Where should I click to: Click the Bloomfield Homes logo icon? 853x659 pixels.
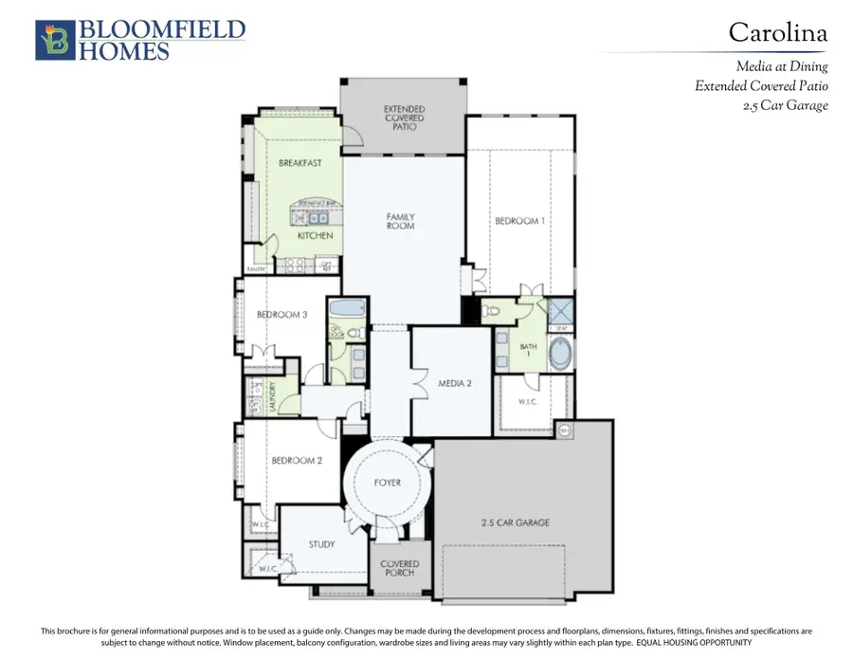[52, 40]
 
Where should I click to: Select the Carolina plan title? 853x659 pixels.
[777, 33]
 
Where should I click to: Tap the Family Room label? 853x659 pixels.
[400, 221]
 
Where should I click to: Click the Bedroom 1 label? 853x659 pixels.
[519, 221]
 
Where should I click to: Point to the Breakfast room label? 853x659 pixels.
[299, 163]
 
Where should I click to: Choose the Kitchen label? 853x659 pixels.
[316, 235]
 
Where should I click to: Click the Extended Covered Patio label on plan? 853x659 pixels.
[404, 118]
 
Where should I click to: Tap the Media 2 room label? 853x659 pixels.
[455, 383]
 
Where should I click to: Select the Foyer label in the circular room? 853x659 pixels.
[387, 483]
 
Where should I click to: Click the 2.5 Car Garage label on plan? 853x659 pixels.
[516, 522]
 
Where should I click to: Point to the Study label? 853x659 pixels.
[322, 544]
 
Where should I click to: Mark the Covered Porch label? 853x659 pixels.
[399, 570]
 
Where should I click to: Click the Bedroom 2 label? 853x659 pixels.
[298, 461]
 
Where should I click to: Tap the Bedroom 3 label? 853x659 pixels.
[281, 315]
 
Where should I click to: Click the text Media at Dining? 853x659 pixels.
[782, 66]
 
